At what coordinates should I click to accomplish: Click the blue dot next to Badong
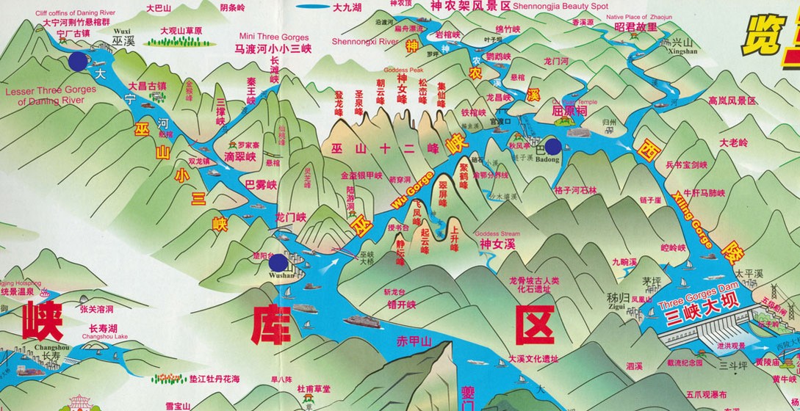coord(554,146)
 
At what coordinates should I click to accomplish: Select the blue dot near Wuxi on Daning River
coord(77,61)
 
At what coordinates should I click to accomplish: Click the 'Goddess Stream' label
coord(497,234)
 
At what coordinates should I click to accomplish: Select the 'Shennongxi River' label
coord(365,42)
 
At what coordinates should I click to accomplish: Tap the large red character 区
coord(534,323)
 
